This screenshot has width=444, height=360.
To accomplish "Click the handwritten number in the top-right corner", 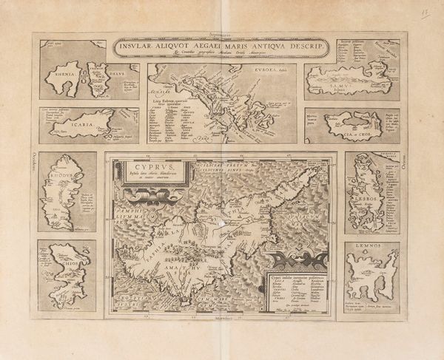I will click(x=425, y=14).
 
